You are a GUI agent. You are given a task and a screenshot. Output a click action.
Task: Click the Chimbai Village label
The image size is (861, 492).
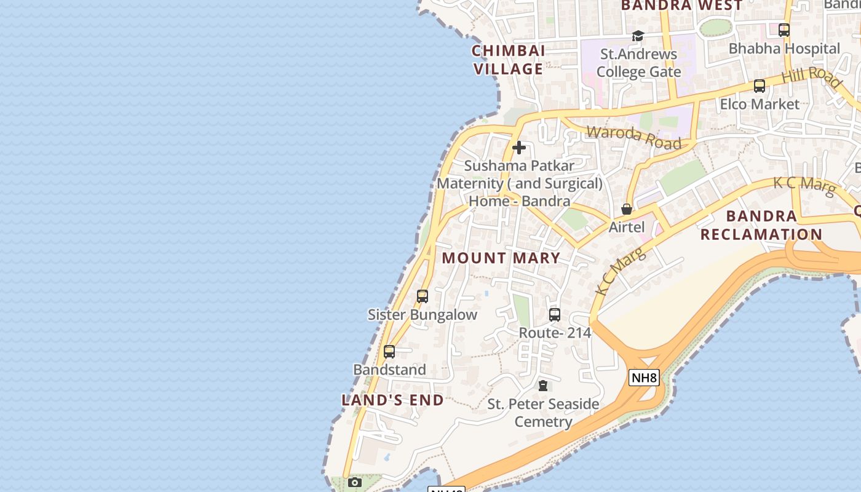coord(508,60)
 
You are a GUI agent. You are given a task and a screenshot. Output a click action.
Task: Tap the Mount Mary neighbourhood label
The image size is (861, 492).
coord(501,258)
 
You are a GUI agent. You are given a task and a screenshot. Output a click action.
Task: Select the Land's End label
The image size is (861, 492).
coord(392,400)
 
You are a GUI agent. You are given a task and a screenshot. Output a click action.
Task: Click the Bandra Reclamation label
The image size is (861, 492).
coord(761,225)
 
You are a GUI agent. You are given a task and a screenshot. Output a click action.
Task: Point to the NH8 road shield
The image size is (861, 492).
coord(644,378)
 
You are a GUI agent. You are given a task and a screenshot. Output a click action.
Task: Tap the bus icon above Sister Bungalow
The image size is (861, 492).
coord(423,296)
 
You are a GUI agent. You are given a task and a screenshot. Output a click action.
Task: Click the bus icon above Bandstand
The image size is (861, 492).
coord(389,352)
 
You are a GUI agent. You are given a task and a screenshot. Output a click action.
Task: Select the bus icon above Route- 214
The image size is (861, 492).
coord(555,315)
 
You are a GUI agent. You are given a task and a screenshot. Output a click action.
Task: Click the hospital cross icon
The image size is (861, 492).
coord(519,148)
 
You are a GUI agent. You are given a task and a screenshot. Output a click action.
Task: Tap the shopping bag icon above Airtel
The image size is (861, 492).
coord(627,209)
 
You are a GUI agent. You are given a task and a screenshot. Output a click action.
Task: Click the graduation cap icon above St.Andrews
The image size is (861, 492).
coord(638,36)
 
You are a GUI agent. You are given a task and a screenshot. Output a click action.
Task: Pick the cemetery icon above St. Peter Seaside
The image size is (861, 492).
coord(543,386)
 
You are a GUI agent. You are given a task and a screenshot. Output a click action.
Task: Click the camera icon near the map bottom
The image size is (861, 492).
coord(355,483)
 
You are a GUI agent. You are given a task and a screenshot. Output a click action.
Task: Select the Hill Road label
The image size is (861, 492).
coord(811,77)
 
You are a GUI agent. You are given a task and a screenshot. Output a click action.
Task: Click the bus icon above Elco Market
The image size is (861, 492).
coord(760,86)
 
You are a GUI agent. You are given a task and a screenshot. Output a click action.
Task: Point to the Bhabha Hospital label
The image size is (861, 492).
coord(784,49)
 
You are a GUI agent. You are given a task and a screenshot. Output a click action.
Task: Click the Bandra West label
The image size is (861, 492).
coord(682,6)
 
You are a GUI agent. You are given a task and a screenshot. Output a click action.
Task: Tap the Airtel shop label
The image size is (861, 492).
coord(627,227)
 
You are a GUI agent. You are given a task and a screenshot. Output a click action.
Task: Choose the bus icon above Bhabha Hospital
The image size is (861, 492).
coord(784,30)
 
